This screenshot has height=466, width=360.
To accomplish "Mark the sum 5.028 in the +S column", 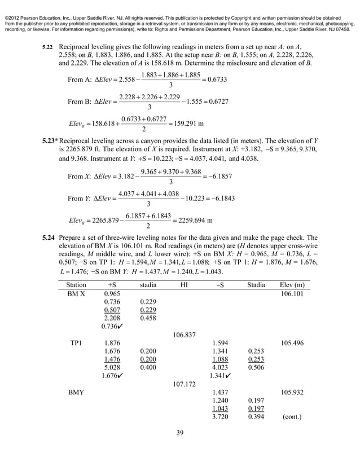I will (114, 368).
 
